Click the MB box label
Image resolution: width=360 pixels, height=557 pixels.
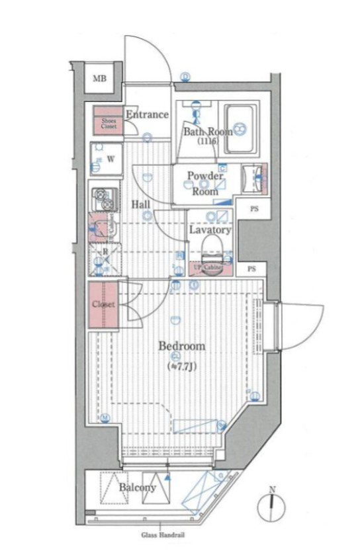(x=99, y=79)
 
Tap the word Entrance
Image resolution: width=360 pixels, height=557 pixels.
(x=147, y=114)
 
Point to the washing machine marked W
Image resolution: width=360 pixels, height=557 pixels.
(x=106, y=159)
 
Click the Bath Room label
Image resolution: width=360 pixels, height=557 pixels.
(x=208, y=131)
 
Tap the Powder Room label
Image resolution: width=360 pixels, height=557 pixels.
(x=205, y=183)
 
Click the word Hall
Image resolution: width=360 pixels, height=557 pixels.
(x=139, y=204)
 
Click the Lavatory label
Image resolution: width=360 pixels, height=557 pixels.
(x=210, y=230)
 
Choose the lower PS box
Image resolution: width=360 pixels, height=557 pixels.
(x=251, y=269)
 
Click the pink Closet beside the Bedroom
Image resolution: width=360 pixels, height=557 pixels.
(x=104, y=305)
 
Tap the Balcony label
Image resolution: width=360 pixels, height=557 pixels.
(x=138, y=488)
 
